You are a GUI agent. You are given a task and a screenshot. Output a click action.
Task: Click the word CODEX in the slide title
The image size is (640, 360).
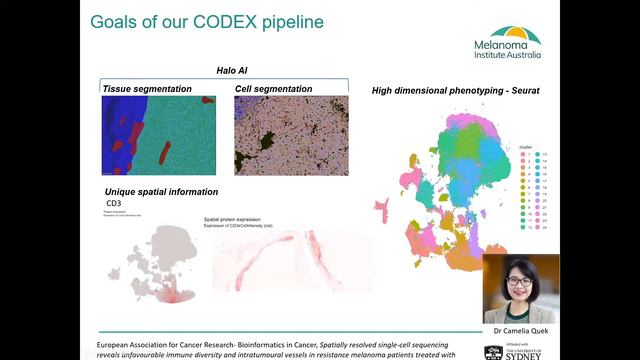(206, 21)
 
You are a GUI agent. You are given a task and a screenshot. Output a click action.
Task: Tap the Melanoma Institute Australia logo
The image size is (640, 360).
(516, 44)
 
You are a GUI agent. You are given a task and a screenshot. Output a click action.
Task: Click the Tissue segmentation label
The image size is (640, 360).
(147, 89)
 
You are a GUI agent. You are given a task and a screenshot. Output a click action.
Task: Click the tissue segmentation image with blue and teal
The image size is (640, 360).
(158, 135)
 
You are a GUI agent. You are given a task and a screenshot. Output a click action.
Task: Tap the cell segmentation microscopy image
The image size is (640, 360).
(291, 135)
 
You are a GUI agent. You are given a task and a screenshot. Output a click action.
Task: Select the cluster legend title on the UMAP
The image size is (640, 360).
(526, 145)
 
